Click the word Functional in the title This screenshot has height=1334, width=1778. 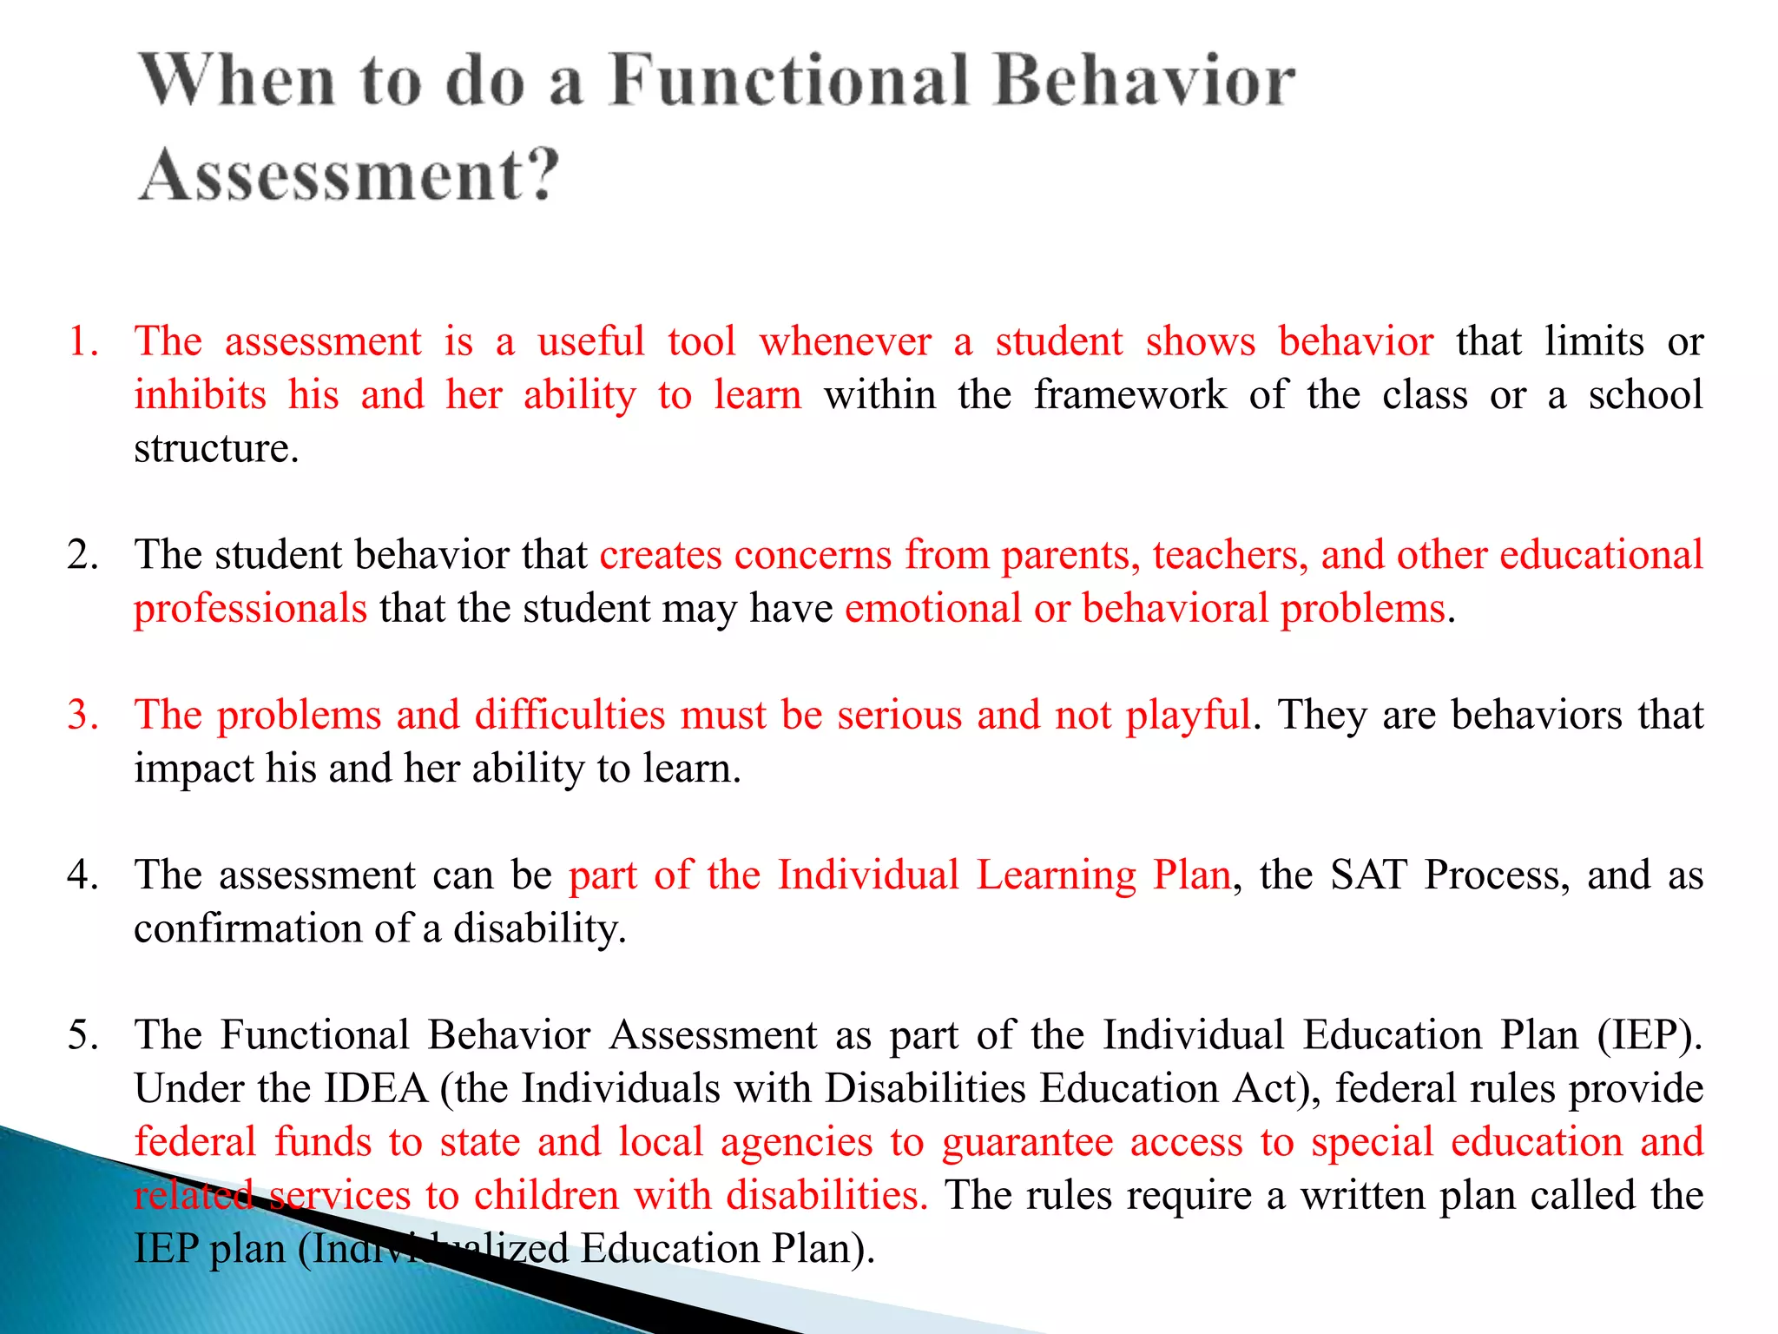coord(788,80)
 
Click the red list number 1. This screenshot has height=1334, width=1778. coord(82,341)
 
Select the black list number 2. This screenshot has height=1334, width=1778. coord(82,555)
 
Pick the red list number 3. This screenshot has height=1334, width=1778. coord(82,715)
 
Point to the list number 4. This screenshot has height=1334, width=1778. coord(82,875)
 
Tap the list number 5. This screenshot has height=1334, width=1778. coord(82,1035)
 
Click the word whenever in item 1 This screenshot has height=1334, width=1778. coord(846,341)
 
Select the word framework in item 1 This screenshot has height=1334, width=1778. coord(1129,395)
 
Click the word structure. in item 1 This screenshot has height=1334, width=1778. coord(216,449)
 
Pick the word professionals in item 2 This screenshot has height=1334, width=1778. coord(250,608)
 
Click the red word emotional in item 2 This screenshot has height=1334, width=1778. coord(932,608)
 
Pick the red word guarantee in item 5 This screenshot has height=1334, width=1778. coord(1027,1143)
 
